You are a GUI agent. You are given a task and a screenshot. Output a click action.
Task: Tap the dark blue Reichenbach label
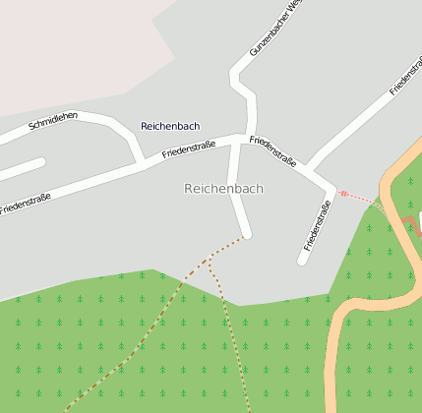170,126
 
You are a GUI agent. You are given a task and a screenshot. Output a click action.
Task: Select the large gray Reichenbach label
224,189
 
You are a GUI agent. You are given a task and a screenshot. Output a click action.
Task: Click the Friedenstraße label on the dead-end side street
318,225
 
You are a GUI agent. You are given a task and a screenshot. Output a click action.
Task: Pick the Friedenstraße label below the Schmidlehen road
26,204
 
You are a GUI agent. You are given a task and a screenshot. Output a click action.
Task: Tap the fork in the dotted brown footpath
210,264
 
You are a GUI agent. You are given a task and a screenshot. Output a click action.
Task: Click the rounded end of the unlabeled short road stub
4,177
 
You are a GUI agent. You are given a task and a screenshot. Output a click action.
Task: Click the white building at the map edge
419,218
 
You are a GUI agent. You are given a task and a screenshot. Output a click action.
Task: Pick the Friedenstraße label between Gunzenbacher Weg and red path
273,153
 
